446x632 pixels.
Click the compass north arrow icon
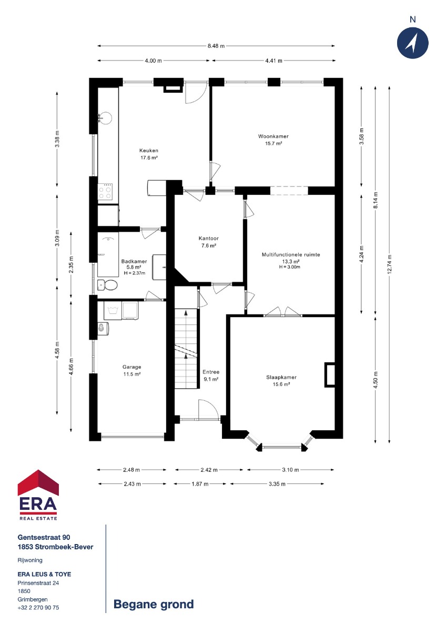tap(412, 43)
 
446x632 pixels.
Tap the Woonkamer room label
tap(273, 136)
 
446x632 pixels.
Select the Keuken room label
tap(149, 151)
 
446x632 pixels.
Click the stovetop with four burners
tap(105, 192)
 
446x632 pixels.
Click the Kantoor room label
tap(208, 239)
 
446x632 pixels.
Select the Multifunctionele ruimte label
tap(291, 254)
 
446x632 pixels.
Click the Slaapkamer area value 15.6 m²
tap(281, 384)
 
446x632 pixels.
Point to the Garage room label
tap(131, 367)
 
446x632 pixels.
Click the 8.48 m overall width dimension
tap(216, 46)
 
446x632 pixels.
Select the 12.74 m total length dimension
tap(389, 264)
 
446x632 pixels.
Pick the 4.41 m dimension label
tap(274, 61)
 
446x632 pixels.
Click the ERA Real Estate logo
tap(38, 495)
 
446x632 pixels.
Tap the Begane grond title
tap(154, 604)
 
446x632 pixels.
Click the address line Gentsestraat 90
tap(44, 538)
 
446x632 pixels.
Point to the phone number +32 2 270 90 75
tap(38, 607)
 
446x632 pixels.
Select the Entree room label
tap(211, 372)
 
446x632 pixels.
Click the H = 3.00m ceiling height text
tap(289, 267)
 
